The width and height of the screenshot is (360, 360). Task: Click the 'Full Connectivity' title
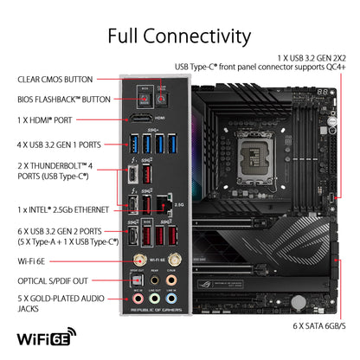point(179,35)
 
